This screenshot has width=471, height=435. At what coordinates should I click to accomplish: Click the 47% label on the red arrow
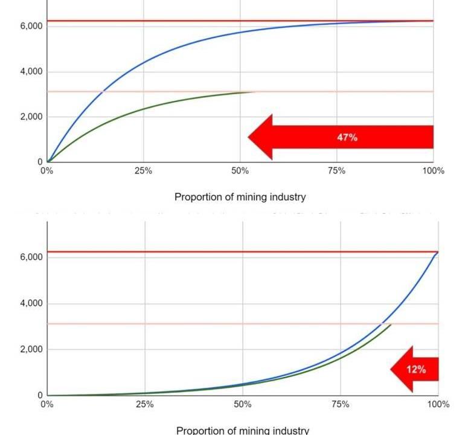coord(347,138)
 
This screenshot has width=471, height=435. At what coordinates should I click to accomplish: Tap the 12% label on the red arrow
coord(416,369)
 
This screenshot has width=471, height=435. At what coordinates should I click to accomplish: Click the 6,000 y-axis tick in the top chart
coord(30,27)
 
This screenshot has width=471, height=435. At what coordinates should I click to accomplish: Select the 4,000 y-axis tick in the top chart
coord(30,72)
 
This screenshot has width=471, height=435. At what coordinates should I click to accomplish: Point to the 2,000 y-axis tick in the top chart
coord(30,117)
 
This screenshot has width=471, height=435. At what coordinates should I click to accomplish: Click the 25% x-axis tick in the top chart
coord(143,171)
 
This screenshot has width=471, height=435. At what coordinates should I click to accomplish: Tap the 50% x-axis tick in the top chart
coord(240,171)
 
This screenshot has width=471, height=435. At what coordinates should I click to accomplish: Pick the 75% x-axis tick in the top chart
coord(336,171)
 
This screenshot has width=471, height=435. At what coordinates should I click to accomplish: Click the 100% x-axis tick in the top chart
coord(432,171)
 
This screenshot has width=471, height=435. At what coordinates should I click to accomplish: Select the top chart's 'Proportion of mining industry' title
coord(240,197)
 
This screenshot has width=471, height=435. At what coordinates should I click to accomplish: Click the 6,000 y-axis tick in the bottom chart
coord(30,257)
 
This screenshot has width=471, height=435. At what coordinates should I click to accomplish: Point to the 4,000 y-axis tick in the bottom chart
coord(30,303)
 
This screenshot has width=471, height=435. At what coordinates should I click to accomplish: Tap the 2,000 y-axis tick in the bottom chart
coord(30,349)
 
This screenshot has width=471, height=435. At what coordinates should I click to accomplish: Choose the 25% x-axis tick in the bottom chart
coord(145,404)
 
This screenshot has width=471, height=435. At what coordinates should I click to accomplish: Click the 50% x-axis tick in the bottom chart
coord(242,404)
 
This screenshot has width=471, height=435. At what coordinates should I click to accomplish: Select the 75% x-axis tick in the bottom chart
coord(340,404)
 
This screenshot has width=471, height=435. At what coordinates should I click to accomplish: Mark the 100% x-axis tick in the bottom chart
coord(437,404)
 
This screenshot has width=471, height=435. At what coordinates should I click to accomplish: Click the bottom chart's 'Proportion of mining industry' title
coord(242,430)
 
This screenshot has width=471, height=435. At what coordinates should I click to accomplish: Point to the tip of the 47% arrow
coord(249,137)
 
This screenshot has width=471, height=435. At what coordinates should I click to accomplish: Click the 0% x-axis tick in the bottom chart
coord(47,404)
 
